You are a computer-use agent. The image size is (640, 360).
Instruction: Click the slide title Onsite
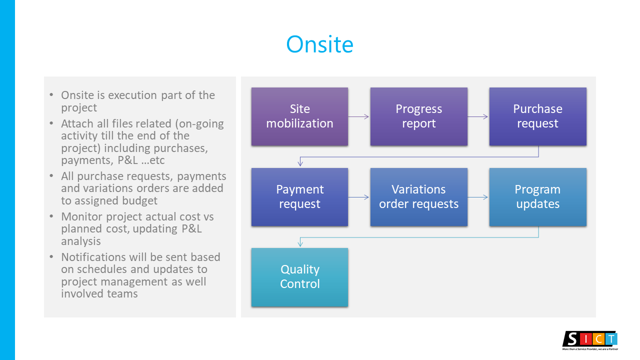click(319, 44)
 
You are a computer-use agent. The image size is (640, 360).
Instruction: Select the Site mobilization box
click(299, 116)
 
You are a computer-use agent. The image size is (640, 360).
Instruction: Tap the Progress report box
click(418, 116)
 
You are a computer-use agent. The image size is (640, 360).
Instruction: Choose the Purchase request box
click(537, 116)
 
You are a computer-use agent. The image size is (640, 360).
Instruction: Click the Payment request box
click(299, 197)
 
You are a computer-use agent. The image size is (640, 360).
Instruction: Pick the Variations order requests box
click(418, 197)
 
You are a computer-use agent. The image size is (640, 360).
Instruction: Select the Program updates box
click(537, 197)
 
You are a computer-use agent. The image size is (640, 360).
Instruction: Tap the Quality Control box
click(299, 277)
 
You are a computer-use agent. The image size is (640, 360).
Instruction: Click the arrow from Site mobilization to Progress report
click(359, 116)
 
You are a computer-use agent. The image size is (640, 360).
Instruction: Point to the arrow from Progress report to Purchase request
click(478, 116)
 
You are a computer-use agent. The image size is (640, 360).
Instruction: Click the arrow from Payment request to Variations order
click(359, 197)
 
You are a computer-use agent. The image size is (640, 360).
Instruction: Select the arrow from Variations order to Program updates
click(478, 197)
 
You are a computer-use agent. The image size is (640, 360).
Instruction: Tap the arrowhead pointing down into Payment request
click(300, 163)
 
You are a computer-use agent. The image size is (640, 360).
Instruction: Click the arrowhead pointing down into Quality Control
click(300, 243)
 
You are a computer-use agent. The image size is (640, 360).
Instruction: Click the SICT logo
click(590, 339)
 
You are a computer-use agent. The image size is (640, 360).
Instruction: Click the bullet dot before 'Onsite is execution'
click(52, 95)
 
